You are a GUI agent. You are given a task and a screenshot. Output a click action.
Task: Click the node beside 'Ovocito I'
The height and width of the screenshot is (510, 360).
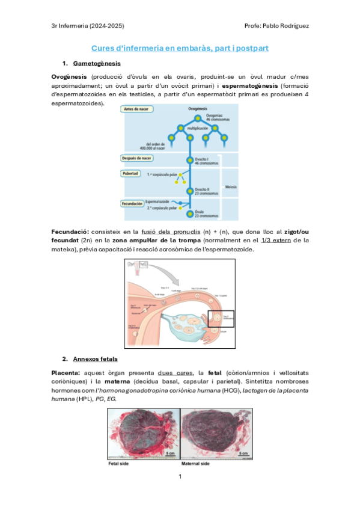(x=190, y=160)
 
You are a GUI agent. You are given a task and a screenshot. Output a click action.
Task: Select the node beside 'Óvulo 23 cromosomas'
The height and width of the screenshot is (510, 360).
(x=190, y=212)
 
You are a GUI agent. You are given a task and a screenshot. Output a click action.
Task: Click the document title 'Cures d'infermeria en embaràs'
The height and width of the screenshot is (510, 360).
(x=180, y=48)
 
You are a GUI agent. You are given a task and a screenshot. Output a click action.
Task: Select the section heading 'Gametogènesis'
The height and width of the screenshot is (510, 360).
(x=97, y=64)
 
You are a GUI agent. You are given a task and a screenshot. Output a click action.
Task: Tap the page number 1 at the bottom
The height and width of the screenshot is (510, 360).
(x=180, y=477)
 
